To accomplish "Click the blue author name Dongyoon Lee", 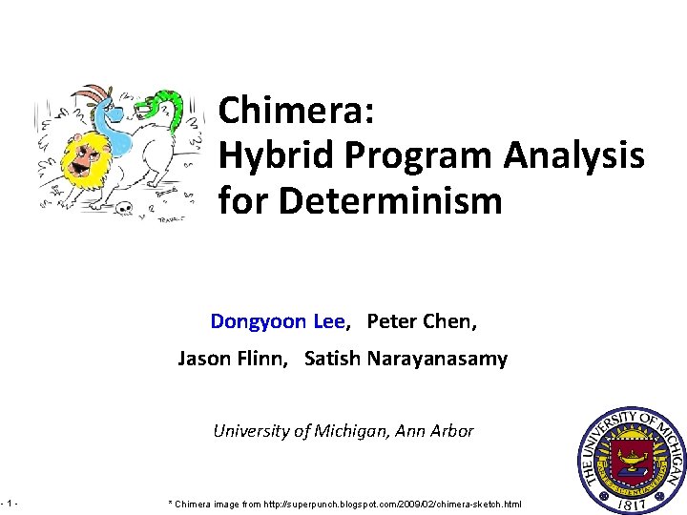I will coord(277,321).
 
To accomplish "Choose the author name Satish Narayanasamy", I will coord(406,360).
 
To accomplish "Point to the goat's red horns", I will coord(90,93).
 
